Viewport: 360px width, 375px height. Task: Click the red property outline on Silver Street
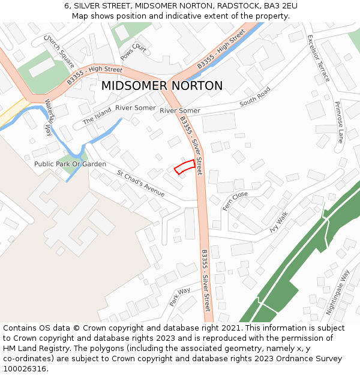pos(185,167)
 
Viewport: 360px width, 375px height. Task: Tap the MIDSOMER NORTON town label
pos(161,86)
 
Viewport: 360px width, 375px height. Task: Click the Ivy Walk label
pos(279,221)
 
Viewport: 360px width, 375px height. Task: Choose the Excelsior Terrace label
pos(319,58)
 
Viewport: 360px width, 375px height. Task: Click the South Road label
pos(255,97)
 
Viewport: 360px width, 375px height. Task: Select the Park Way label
pos(179,297)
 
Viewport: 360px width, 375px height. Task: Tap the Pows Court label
pos(133,52)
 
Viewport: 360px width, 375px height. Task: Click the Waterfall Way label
pos(49,118)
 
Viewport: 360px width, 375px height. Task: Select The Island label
pos(97,116)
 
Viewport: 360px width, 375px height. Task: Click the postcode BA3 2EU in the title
pos(277,5)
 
